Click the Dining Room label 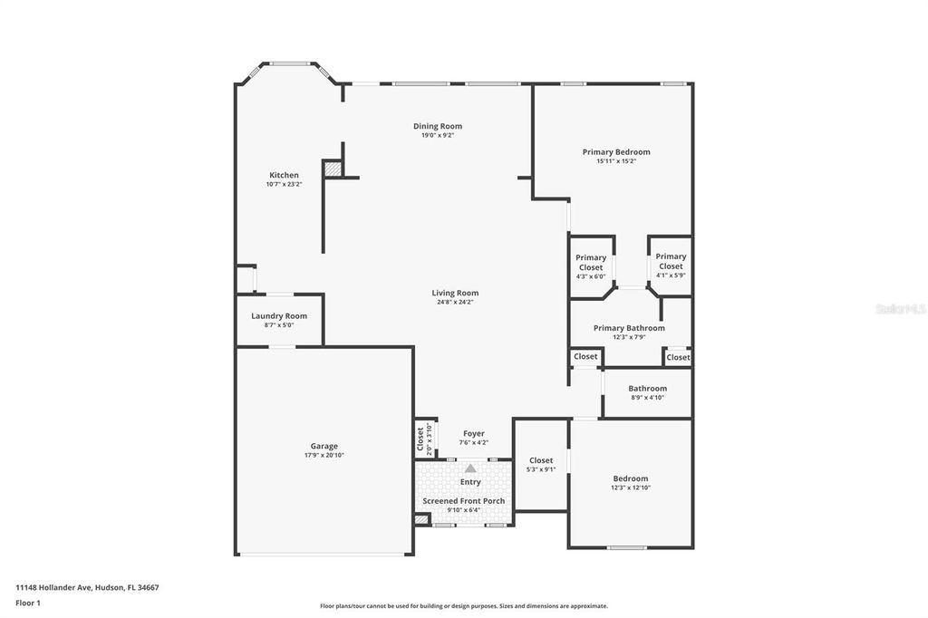438,126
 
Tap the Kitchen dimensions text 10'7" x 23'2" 284,184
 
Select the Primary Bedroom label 616,152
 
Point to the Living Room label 455,293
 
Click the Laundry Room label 279,316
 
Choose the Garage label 324,446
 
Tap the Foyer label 473,433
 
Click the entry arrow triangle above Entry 470,468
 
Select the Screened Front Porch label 463,501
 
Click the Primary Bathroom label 629,328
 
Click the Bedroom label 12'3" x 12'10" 630,478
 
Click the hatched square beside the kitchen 333,169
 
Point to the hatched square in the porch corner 421,519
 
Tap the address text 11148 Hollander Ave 87,587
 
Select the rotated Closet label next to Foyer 421,439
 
